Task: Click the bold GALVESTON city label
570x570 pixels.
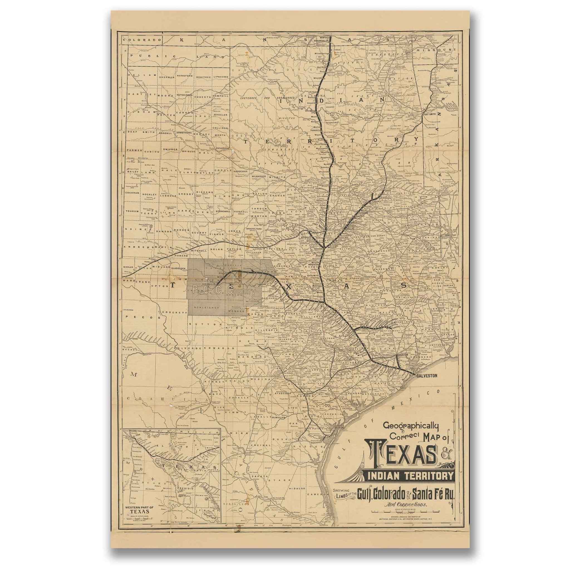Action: pos(426,375)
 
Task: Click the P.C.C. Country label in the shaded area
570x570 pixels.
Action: pos(223,291)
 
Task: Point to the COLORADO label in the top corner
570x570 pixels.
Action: pos(143,40)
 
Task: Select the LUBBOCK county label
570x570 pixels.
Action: pos(168,195)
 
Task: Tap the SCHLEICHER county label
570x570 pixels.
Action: pos(207,308)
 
